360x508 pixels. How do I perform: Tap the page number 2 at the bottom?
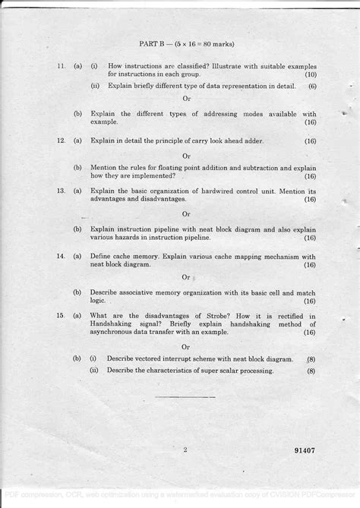pos(185,450)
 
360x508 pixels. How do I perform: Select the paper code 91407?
pos(305,450)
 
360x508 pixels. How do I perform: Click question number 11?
pos(60,67)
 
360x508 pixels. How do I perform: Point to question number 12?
pos(60,140)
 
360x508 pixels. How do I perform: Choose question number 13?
pos(60,191)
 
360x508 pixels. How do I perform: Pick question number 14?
pos(60,257)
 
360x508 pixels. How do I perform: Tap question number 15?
pos(60,315)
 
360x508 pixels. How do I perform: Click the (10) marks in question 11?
pos(310,75)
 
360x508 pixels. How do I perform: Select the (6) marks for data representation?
pos(311,87)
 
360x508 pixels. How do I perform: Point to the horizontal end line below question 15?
pos(185,397)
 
